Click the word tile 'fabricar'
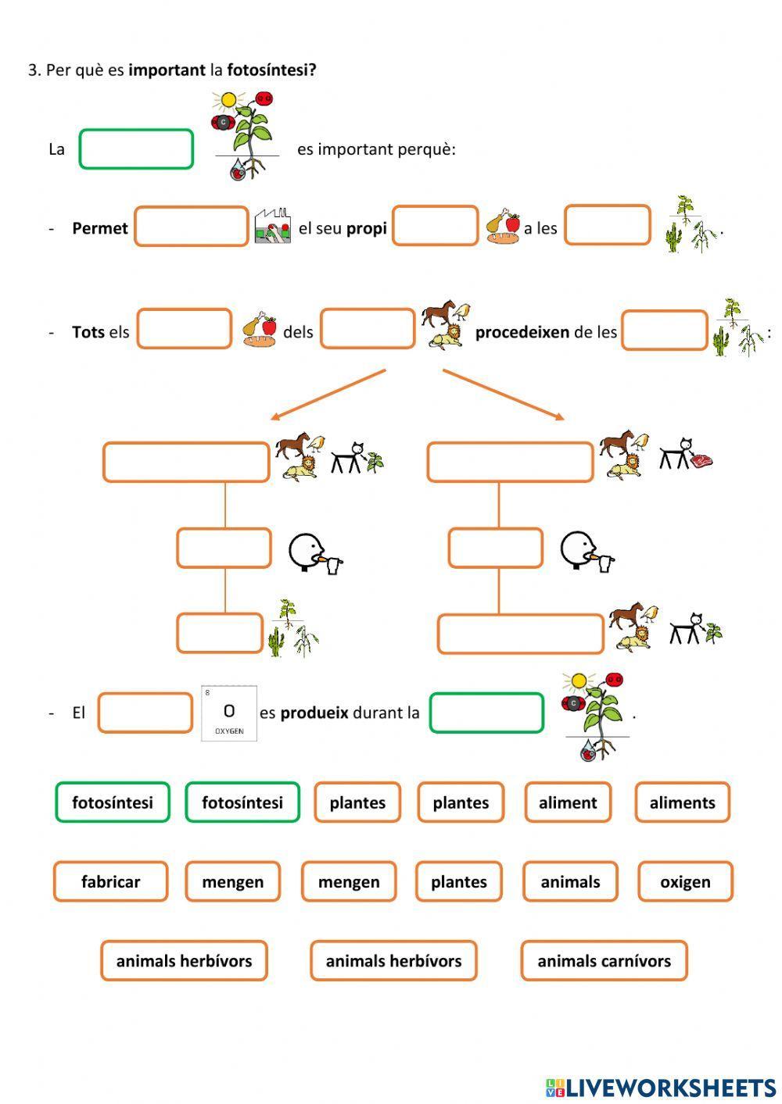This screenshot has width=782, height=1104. pyautogui.click(x=110, y=881)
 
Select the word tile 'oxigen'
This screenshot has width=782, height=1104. pyautogui.click(x=685, y=881)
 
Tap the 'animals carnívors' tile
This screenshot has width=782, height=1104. pyautogui.click(x=604, y=961)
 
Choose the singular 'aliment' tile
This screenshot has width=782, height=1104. pyautogui.click(x=567, y=802)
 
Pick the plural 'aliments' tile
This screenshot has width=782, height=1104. pyautogui.click(x=682, y=802)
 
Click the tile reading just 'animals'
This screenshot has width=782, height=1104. pyautogui.click(x=570, y=881)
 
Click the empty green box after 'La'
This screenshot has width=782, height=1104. pyautogui.click(x=136, y=149)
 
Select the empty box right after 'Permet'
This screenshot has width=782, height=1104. pyautogui.click(x=191, y=227)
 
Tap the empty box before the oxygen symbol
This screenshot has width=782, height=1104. pyautogui.click(x=145, y=713)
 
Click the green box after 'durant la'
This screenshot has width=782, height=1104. pyautogui.click(x=486, y=713)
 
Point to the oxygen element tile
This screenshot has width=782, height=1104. pyautogui.click(x=229, y=713)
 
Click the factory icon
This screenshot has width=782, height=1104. pyautogui.click(x=273, y=227)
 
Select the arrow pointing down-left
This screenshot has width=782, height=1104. pyautogui.click(x=328, y=395)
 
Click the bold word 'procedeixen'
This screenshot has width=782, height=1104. pyautogui.click(x=522, y=332)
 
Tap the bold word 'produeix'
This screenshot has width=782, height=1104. pyautogui.click(x=314, y=713)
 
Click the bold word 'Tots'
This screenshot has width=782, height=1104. pyautogui.click(x=88, y=332)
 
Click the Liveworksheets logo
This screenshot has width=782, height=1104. pyautogui.click(x=661, y=1086)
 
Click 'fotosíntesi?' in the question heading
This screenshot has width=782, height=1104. pyautogui.click(x=271, y=70)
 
